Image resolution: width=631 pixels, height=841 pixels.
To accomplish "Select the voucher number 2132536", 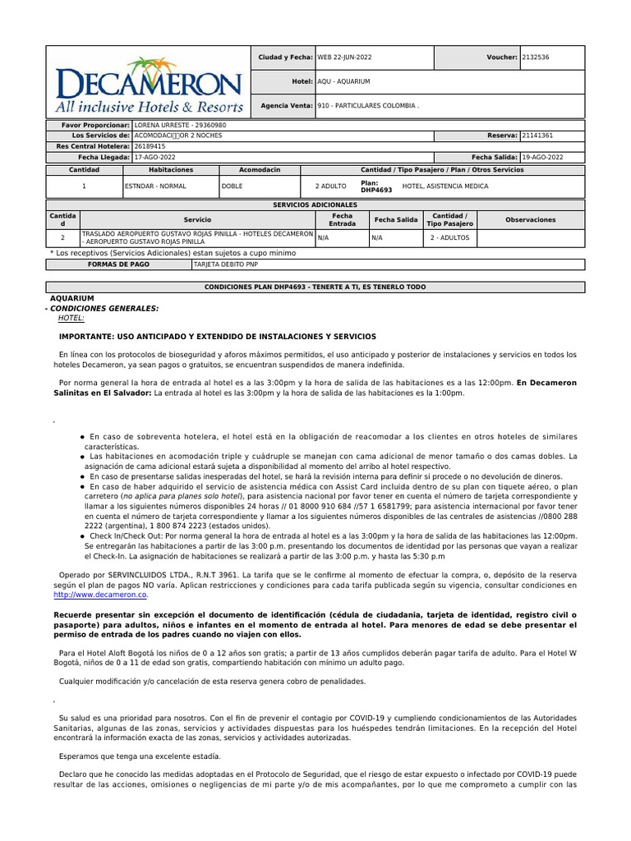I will [538, 57].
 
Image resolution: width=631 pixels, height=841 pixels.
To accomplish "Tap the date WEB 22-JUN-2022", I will [346, 57].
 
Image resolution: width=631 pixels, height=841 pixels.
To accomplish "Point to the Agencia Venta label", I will [286, 106].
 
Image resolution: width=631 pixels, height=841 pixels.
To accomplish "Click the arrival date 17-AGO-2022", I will [155, 156].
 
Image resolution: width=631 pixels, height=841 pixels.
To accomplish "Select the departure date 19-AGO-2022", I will [542, 156].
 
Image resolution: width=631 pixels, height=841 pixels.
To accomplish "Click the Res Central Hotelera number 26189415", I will [151, 145].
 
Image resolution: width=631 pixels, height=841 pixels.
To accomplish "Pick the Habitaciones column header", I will [170, 169].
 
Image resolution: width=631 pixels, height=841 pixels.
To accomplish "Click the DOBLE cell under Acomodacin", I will [233, 186].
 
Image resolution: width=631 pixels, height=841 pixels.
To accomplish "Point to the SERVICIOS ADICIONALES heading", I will [315, 204].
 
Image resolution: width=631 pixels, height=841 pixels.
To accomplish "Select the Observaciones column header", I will [530, 219].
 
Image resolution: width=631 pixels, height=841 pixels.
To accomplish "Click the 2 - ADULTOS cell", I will [449, 237].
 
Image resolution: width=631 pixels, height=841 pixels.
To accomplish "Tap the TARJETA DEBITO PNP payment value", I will [225, 265].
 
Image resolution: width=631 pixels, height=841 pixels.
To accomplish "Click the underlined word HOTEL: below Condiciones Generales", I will [71, 318].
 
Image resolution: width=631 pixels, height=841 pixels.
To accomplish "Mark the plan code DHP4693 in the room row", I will [378, 190].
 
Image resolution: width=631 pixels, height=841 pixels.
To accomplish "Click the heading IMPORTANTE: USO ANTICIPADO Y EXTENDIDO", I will [217, 337].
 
